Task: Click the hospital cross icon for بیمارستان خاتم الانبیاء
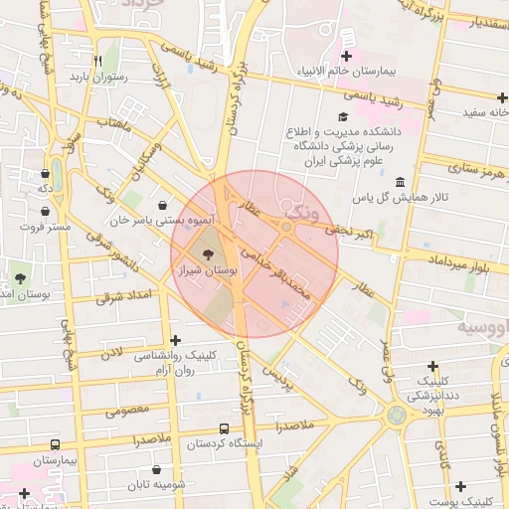(346, 57)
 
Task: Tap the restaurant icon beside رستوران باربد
(97, 61)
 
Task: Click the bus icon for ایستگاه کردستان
(224, 429)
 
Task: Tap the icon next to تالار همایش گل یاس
(400, 183)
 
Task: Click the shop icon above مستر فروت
(46, 211)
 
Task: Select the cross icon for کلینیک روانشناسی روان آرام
(176, 340)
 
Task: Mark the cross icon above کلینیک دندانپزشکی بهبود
(444, 364)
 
